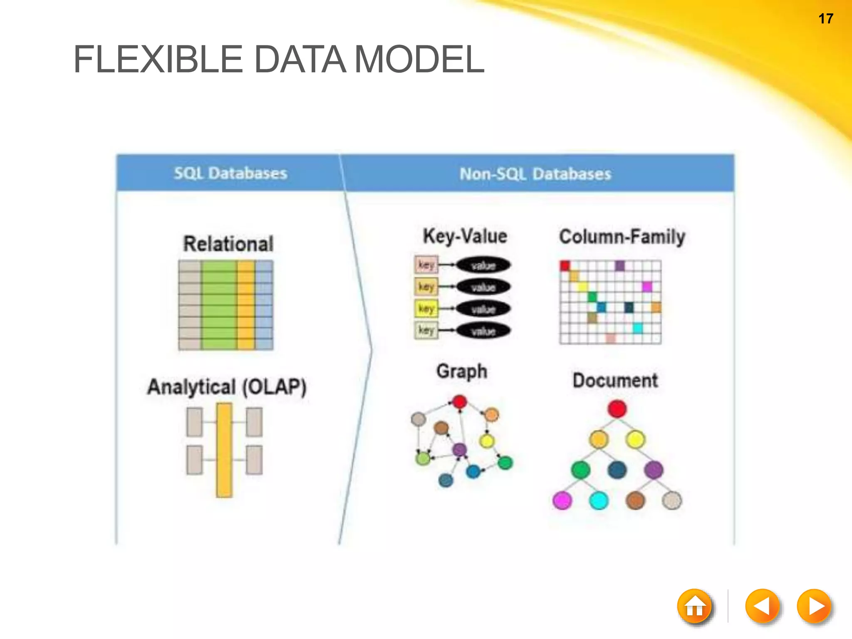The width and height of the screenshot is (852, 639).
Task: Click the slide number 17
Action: [x=825, y=19]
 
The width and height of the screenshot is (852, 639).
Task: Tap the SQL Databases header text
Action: [x=230, y=173]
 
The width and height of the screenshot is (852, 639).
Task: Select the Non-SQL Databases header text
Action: [x=535, y=173]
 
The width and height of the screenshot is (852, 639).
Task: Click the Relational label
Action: [x=228, y=244]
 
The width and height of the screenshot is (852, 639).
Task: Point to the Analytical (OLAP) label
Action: [x=227, y=387]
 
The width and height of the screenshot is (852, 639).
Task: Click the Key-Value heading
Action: [x=465, y=236]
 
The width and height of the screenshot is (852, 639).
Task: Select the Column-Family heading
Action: [x=622, y=237]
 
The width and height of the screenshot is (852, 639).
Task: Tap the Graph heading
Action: [x=462, y=371]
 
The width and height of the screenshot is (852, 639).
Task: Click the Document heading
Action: [x=615, y=380]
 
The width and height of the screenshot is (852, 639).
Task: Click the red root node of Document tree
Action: [x=617, y=409]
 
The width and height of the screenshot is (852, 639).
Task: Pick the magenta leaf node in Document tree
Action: [x=562, y=500]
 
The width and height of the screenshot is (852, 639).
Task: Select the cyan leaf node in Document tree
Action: [x=599, y=500]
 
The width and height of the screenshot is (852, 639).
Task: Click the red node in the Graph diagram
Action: [x=459, y=402]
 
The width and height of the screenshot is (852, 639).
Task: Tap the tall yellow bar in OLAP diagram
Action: [x=224, y=450]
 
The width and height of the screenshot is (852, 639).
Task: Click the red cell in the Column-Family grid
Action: [x=565, y=265]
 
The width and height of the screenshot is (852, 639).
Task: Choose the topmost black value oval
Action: [x=483, y=265]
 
